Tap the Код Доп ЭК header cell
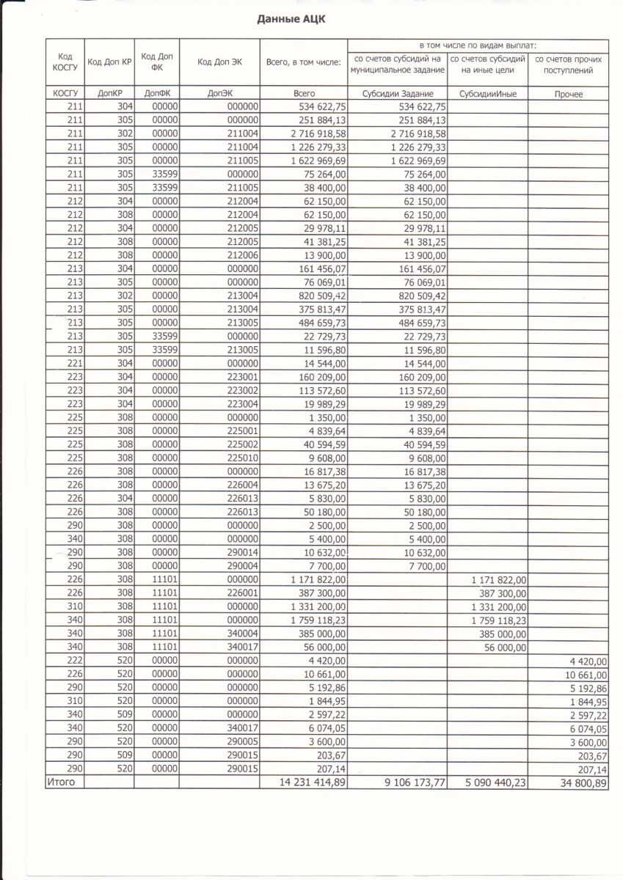(x=219, y=62)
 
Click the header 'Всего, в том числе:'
(x=303, y=62)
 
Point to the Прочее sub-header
(x=569, y=94)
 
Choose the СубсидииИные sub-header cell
(x=487, y=94)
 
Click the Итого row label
(x=61, y=782)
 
